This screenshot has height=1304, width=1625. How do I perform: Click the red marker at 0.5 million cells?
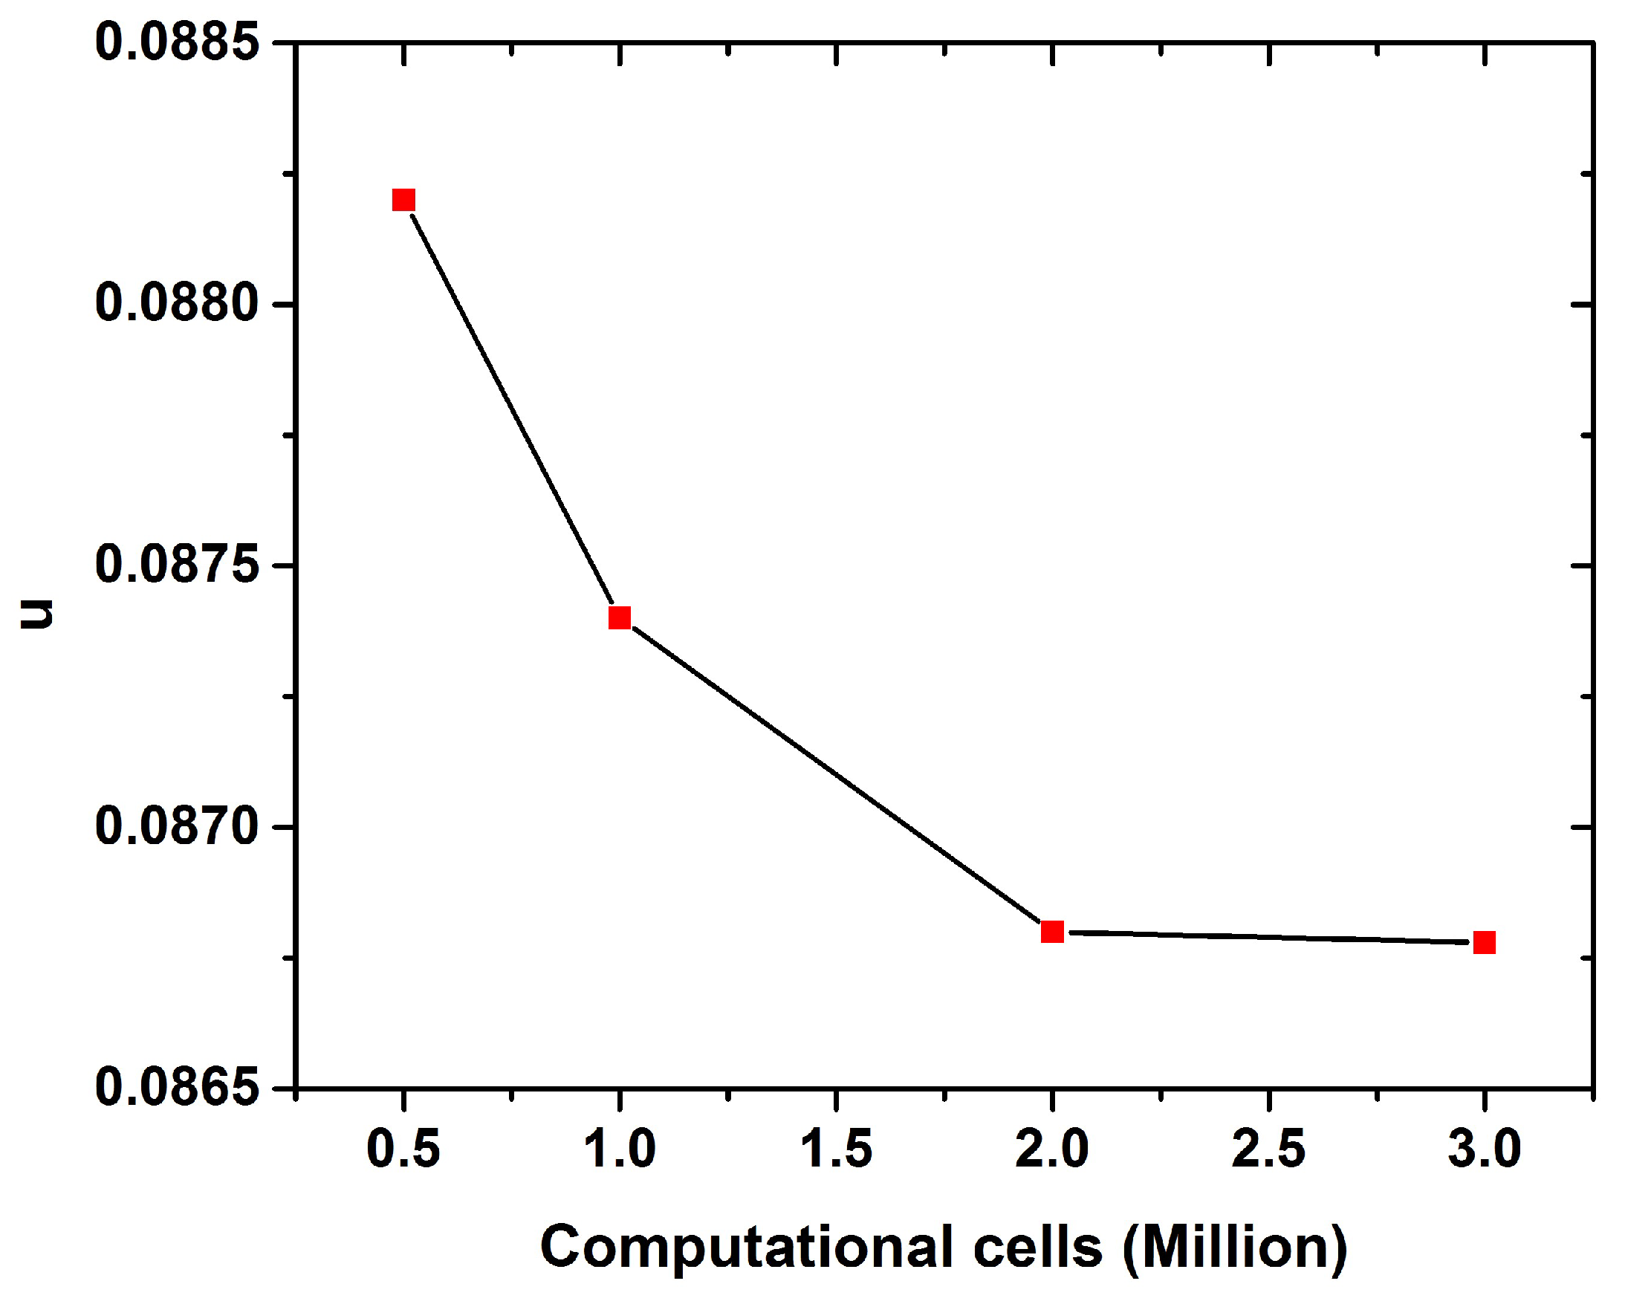tap(404, 200)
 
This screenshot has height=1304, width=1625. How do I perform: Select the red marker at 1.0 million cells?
tap(620, 617)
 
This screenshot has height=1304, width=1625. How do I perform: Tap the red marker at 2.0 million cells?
tap(1052, 932)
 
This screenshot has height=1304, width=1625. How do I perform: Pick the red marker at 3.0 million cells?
tap(1484, 942)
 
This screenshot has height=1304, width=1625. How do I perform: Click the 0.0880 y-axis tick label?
tap(177, 303)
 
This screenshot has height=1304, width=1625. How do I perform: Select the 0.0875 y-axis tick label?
tap(177, 565)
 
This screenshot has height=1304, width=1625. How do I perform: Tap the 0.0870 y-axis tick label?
tap(177, 826)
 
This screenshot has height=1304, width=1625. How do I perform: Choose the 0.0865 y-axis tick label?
tap(177, 1088)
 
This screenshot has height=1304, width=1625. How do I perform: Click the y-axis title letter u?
tap(37, 614)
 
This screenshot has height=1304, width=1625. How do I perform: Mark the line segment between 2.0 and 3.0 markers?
tap(1268, 937)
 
